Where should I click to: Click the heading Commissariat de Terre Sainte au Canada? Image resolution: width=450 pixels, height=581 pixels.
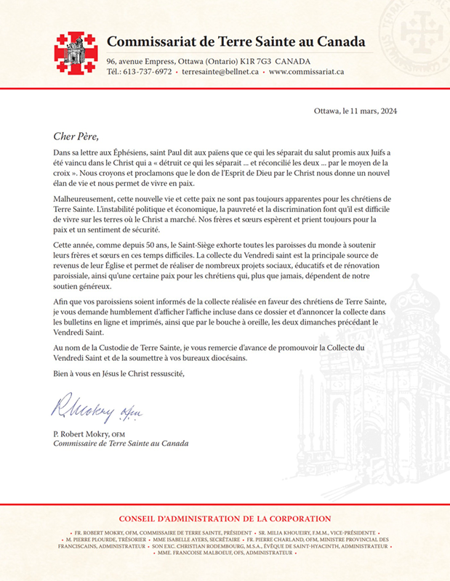[236, 41]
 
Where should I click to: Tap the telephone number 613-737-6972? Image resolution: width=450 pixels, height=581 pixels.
[148, 72]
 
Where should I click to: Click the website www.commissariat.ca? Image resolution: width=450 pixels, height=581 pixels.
[306, 72]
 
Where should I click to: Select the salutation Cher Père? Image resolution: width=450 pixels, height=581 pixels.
[75, 135]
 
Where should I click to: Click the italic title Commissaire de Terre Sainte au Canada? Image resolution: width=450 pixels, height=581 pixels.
[121, 444]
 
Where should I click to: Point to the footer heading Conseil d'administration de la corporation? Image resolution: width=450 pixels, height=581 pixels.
[225, 519]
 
